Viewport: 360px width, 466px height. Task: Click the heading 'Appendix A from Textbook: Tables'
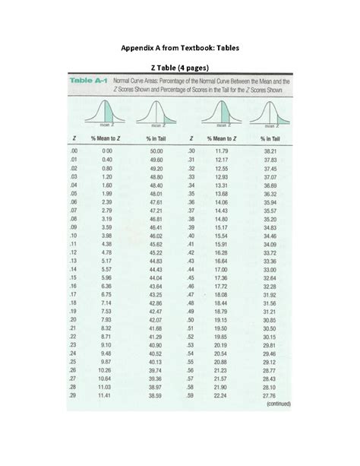point(180,48)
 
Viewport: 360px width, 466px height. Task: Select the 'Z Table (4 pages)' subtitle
point(180,68)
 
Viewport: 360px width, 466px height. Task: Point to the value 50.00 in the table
point(156,152)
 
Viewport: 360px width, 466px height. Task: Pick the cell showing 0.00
point(106,152)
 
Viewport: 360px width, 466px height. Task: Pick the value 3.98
point(106,236)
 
